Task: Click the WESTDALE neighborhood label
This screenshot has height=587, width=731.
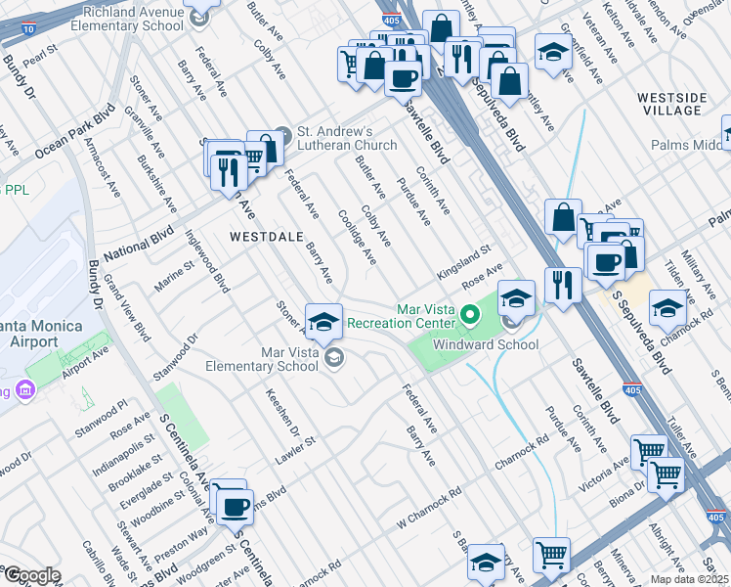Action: point(266,237)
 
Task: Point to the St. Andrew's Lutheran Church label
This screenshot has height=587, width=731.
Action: point(346,138)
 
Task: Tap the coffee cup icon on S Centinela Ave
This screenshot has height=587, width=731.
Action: point(234,507)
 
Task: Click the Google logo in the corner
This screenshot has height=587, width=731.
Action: point(31,575)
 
